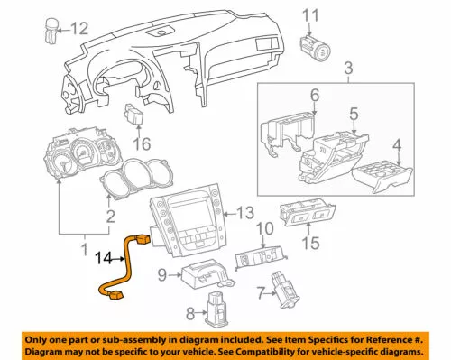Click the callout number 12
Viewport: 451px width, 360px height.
point(79,29)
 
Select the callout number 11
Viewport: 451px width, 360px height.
point(310,15)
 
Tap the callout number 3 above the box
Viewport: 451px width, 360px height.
point(348,68)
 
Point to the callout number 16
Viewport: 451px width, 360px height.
point(142,143)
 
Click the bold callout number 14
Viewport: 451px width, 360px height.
point(104,258)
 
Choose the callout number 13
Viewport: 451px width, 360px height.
point(245,213)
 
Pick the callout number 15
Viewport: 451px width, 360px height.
point(310,243)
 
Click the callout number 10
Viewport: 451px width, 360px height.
point(264,228)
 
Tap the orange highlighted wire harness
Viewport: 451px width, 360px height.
point(124,264)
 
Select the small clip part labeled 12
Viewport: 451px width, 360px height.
point(51,31)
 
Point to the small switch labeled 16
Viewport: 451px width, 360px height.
point(133,114)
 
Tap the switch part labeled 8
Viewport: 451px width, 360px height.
point(216,309)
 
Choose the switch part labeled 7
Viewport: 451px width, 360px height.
point(285,290)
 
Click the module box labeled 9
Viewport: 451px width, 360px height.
point(207,274)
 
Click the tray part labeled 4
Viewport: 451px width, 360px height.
point(382,179)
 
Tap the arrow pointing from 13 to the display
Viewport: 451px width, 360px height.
point(230,215)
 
